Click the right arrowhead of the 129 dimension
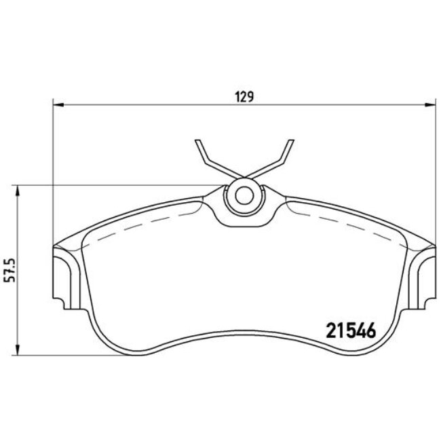click(430, 105)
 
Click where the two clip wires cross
click(244, 177)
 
